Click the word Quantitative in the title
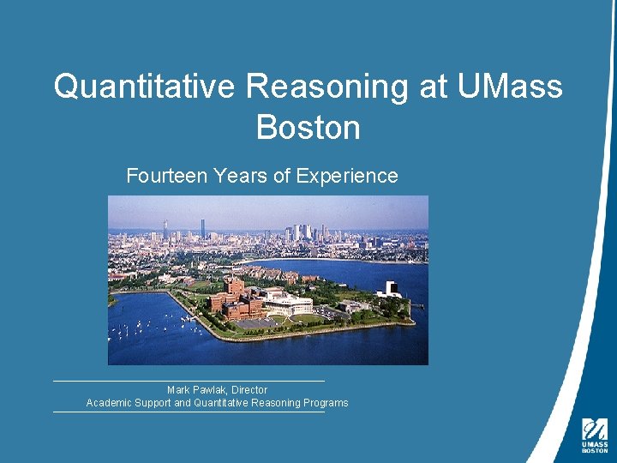pyautogui.click(x=144, y=87)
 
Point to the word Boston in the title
pyautogui.click(x=308, y=127)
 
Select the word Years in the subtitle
pyautogui.click(x=240, y=176)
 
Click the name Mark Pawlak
pyautogui.click(x=196, y=390)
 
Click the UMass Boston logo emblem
pyautogui.click(x=595, y=429)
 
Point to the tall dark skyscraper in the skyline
pyautogui.click(x=203, y=227)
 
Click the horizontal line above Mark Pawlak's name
pyautogui.click(x=189, y=381)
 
